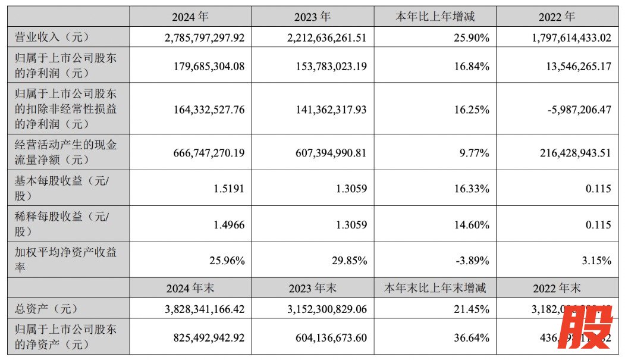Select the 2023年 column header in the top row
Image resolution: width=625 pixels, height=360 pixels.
coord(313,17)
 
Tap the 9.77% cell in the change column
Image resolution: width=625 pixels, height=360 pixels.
coord(475,153)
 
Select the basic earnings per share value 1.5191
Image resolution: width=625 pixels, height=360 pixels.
coord(229,189)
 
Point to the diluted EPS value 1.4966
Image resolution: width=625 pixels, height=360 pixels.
coord(229,224)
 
